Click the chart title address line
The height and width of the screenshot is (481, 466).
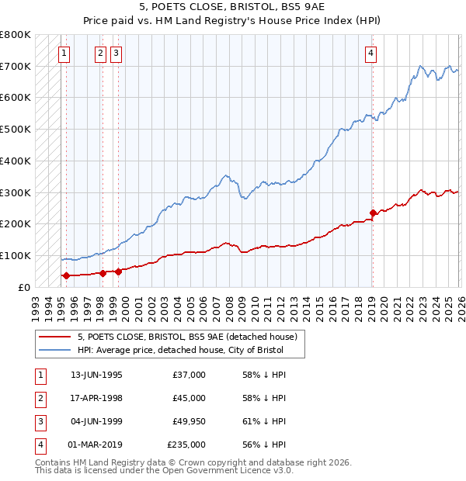pyautogui.click(x=232, y=9)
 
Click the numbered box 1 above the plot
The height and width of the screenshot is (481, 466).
pyautogui.click(x=64, y=54)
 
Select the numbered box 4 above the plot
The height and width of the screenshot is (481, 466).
pyautogui.click(x=371, y=54)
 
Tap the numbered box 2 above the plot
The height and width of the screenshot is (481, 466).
pyautogui.click(x=101, y=54)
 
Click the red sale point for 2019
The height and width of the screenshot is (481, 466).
pyautogui.click(x=373, y=213)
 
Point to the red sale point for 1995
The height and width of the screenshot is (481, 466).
pyautogui.click(x=66, y=275)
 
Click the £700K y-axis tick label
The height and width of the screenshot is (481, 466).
pyautogui.click(x=16, y=66)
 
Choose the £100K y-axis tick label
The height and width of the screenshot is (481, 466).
pyautogui.click(x=16, y=255)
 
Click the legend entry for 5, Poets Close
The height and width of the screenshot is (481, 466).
pyautogui.click(x=187, y=337)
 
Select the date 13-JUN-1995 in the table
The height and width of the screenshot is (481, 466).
pyautogui.click(x=96, y=375)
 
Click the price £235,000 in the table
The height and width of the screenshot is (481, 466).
pyautogui.click(x=186, y=445)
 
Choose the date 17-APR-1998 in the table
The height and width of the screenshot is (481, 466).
pyautogui.click(x=96, y=398)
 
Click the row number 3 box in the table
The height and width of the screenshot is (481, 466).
pyautogui.click(x=39, y=421)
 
